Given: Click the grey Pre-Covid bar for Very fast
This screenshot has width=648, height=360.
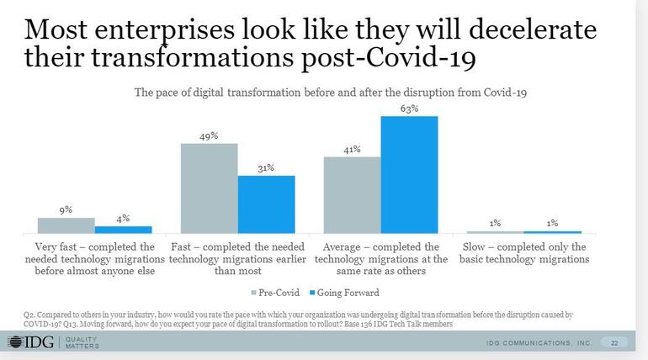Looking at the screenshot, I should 66,225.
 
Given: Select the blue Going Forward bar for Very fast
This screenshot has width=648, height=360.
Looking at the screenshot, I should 123,229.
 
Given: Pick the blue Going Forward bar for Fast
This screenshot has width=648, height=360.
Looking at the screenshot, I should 266,204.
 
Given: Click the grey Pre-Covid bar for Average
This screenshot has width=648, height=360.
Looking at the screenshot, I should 352,194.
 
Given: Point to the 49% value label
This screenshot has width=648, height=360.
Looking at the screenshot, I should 209,135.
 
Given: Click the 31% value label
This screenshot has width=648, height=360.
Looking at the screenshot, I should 266,168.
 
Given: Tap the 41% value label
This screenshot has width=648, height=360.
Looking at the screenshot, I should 352,150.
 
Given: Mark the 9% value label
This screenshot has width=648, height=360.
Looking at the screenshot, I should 66,209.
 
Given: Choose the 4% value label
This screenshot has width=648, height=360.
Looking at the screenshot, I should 123,219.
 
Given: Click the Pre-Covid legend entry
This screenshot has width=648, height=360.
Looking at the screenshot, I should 274,293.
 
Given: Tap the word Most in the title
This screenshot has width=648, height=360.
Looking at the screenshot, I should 60,29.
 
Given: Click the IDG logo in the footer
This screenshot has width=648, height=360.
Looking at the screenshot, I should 30,342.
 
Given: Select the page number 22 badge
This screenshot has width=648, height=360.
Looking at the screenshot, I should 613,343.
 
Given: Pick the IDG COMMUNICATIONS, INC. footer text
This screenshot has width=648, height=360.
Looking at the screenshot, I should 539,343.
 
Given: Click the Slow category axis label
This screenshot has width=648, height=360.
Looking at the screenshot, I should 524,253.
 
